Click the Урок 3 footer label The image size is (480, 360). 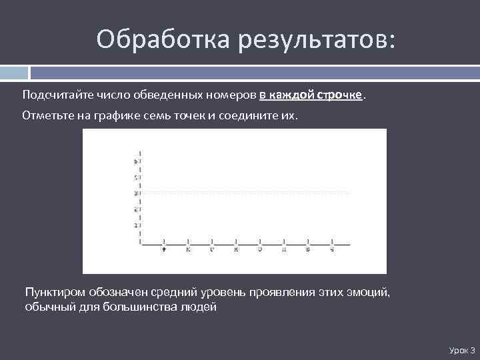[462, 350]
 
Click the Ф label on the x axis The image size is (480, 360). [164, 250]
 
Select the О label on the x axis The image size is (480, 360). [260, 250]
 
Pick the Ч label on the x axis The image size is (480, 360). [332, 250]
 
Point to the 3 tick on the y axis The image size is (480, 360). [136, 193]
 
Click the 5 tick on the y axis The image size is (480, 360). [136, 161]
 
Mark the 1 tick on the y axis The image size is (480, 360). [136, 225]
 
